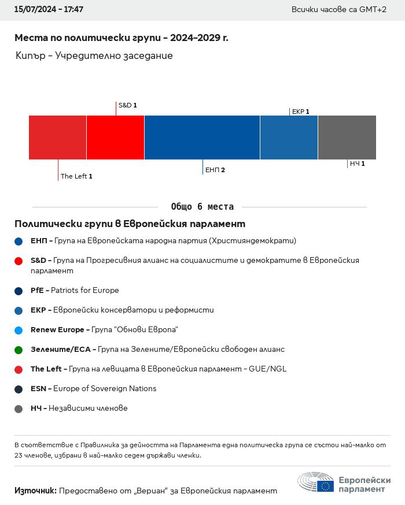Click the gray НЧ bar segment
click(x=347, y=138)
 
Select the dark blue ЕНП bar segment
click(x=202, y=138)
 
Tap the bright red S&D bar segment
click(x=115, y=138)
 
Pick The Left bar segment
click(x=57, y=138)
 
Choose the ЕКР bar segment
click(x=289, y=138)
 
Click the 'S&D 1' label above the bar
click(x=127, y=106)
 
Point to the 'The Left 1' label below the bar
click(x=76, y=176)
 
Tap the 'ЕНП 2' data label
click(x=215, y=170)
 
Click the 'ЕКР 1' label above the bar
click(x=300, y=112)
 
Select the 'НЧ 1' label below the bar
click(x=356, y=164)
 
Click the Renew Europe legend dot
click(x=19, y=330)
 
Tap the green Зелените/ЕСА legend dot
click(x=19, y=350)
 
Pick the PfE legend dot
click(x=19, y=291)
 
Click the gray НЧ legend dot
click(x=19, y=409)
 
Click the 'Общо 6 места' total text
click(x=203, y=207)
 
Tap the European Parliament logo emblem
click(x=316, y=482)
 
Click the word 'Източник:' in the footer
click(x=35, y=491)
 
